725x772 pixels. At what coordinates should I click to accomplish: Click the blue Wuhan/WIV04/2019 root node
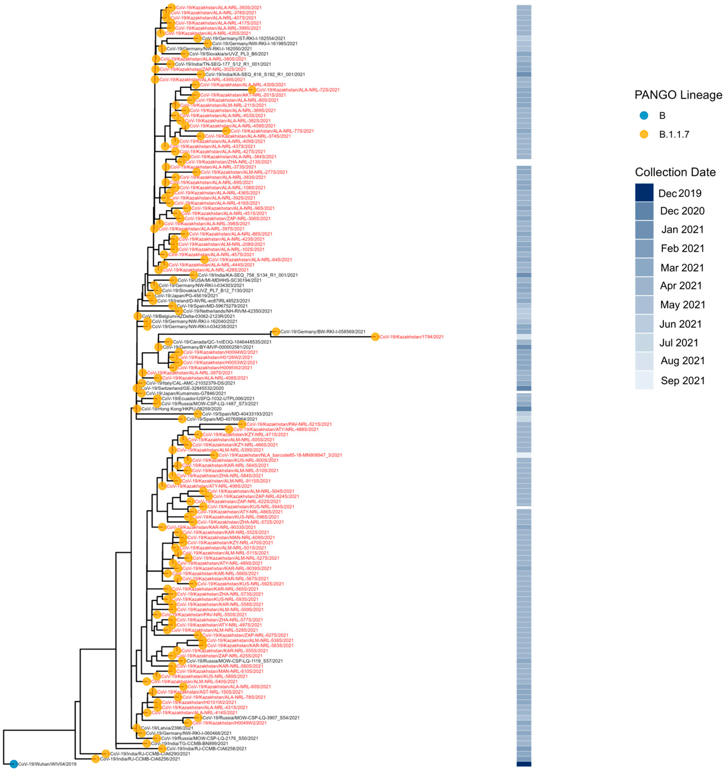coord(14,764)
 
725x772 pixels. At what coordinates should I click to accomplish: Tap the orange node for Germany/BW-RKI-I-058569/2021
coord(276,332)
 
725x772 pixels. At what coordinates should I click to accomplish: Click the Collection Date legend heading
coord(675,172)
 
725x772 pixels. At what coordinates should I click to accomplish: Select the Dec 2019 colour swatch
coord(644,193)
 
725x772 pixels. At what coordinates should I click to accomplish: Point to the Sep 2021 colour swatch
coord(644,380)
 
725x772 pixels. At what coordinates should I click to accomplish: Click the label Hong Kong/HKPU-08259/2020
coord(181,409)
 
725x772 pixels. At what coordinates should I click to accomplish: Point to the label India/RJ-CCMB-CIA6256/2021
coord(140,759)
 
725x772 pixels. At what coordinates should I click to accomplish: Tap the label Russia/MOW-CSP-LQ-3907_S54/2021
coord(251,718)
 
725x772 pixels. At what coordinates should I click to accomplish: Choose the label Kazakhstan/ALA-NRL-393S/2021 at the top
coord(219,7)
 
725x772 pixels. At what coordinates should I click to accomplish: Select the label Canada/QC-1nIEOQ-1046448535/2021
coord(222,342)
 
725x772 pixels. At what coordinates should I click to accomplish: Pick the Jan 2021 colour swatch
coord(644,229)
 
